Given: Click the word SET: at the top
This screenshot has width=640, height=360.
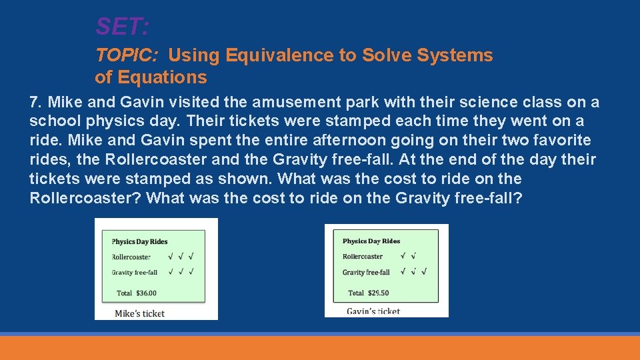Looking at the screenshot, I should click(x=122, y=27).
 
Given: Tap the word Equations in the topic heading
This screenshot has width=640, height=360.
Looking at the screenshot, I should click(x=162, y=77).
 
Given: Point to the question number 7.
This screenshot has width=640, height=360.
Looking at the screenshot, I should click(x=35, y=103).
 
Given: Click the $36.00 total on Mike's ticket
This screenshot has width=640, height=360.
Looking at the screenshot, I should click(x=146, y=293).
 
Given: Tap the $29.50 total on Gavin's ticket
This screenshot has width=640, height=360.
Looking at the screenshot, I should click(x=377, y=293).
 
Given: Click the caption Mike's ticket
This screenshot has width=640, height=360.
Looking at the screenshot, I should click(x=139, y=313).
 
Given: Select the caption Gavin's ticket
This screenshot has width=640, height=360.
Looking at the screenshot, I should click(x=373, y=311).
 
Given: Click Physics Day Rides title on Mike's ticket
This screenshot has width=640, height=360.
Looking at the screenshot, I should click(x=139, y=241).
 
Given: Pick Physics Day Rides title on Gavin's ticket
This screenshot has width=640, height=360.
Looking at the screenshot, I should click(x=371, y=241).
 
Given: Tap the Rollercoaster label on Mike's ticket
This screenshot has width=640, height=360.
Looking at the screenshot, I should click(x=131, y=257).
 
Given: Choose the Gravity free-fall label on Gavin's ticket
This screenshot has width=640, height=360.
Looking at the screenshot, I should click(x=366, y=272).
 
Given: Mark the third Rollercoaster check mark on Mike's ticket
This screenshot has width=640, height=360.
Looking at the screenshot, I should click(x=191, y=256).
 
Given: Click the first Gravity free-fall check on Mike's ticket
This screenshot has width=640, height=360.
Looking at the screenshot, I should click(x=171, y=271).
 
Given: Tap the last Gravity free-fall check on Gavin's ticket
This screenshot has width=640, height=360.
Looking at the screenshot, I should click(x=424, y=271).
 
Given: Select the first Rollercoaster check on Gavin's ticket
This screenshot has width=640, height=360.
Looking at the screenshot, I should click(x=404, y=255).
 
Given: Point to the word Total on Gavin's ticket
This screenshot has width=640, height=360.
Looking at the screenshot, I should click(x=356, y=293).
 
